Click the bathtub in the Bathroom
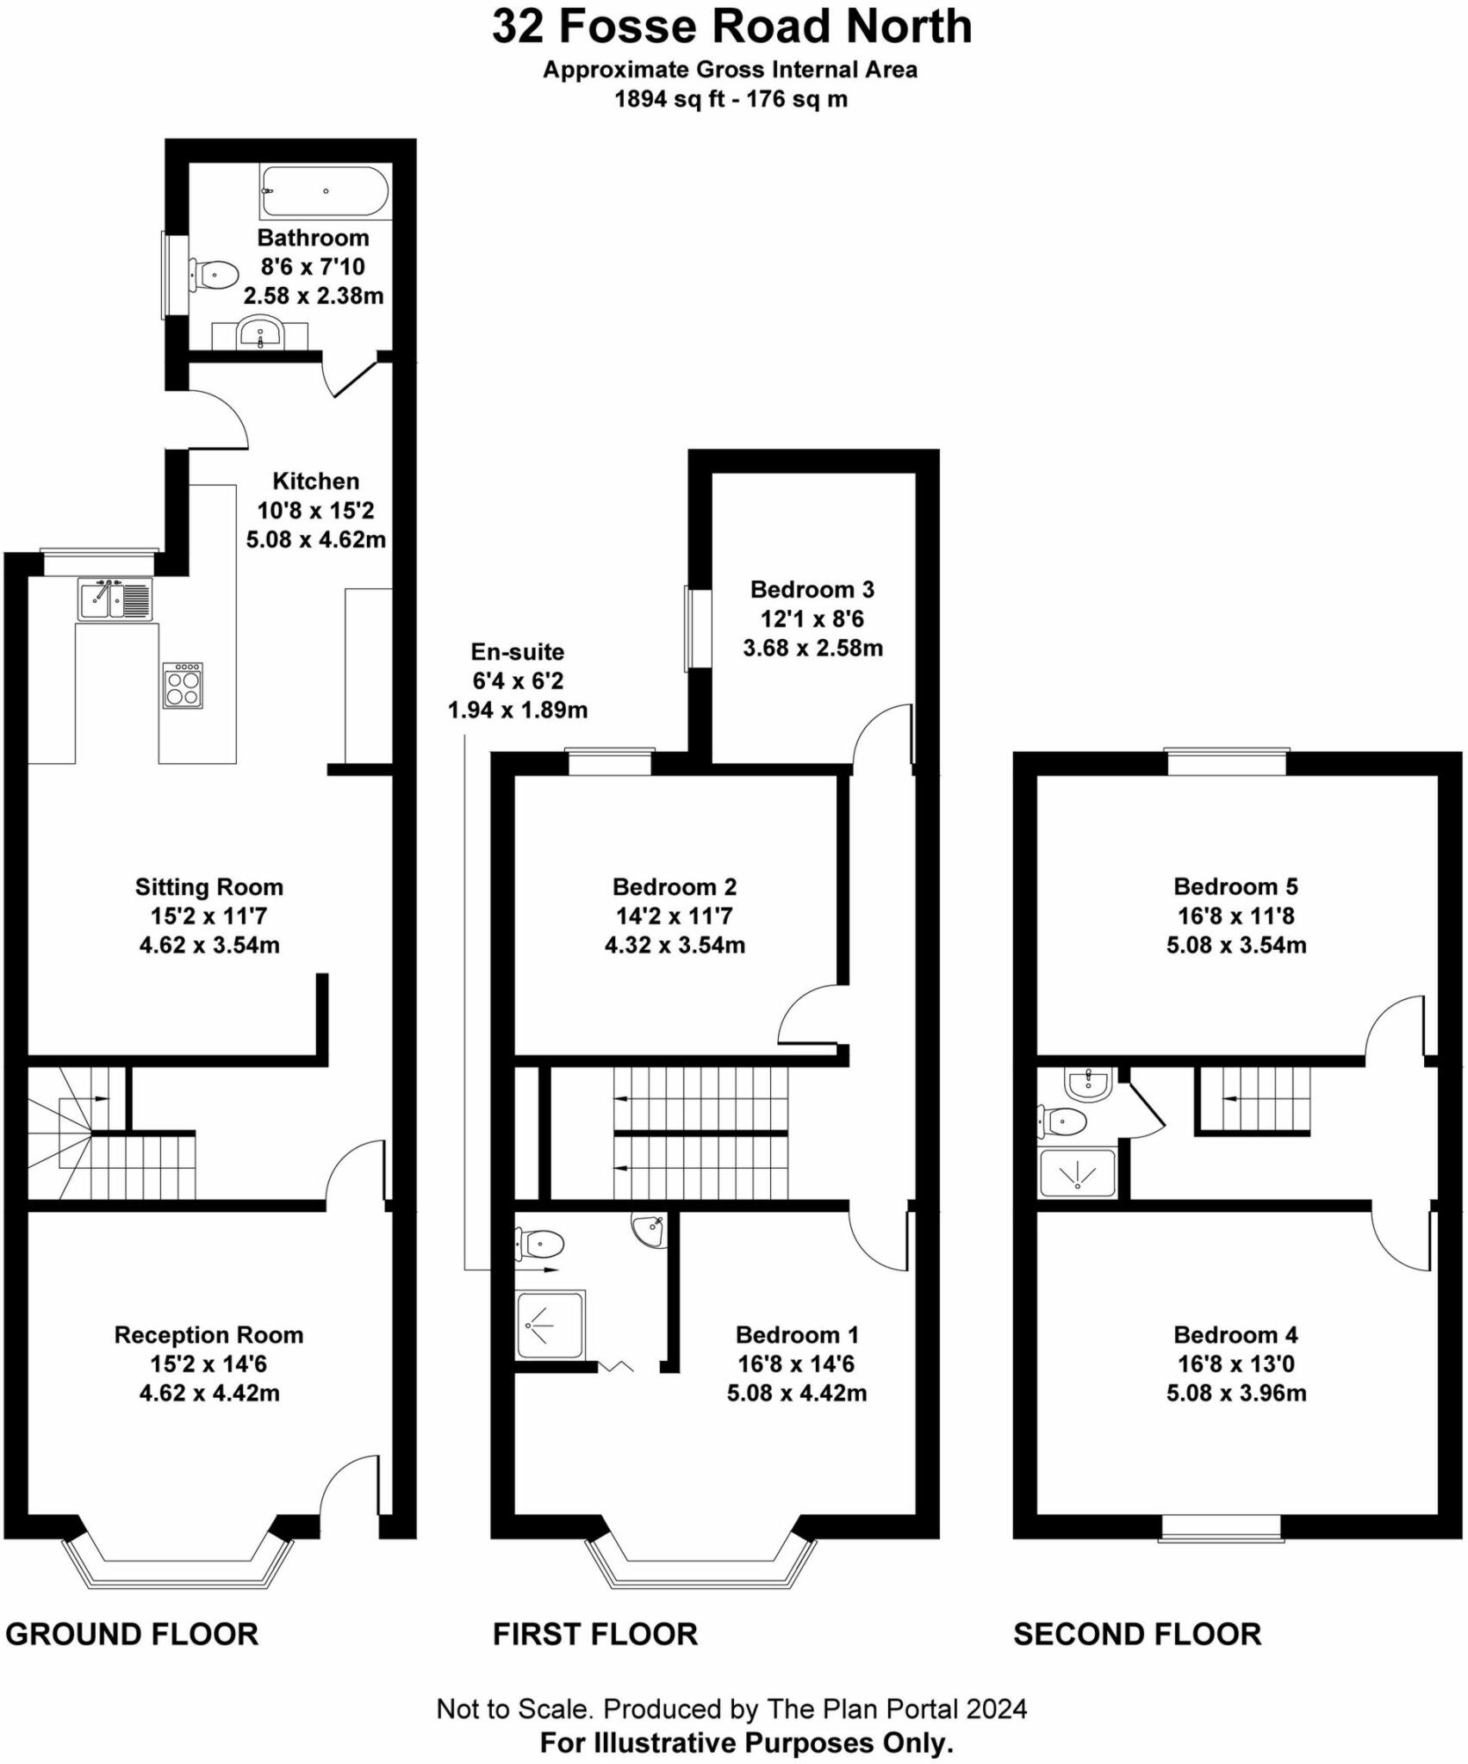click(325, 191)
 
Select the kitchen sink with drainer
click(115, 599)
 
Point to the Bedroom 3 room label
click(812, 589)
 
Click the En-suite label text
click(517, 652)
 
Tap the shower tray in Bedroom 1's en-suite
click(550, 1325)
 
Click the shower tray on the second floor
click(1077, 1173)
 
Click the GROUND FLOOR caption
click(132, 1634)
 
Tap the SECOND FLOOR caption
click(1136, 1634)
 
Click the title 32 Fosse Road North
click(731, 28)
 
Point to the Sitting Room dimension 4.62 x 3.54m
click(209, 945)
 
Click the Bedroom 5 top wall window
click(1226, 763)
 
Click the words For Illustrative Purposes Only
click(746, 1742)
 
